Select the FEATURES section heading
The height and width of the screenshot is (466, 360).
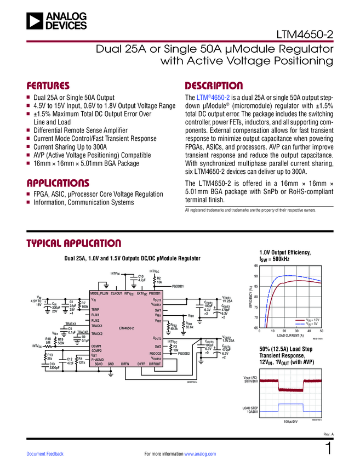[48, 86]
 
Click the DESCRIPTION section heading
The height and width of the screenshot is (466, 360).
[214, 86]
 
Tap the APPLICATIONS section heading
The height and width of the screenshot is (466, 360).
[58, 183]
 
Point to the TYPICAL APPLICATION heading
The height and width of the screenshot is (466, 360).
[74, 243]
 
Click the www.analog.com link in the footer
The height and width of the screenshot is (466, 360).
[201, 454]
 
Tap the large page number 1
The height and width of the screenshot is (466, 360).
[328, 449]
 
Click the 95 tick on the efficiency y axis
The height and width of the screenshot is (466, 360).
[256, 266]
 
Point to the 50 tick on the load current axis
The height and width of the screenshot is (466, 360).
[321, 331]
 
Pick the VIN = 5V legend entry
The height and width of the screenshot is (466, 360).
[310, 323]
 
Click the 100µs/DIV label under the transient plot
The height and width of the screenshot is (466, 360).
[290, 422]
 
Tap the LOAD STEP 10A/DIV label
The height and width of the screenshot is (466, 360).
[250, 410]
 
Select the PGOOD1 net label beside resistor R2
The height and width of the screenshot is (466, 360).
[181, 286]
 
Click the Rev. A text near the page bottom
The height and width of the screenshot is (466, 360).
[329, 434]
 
